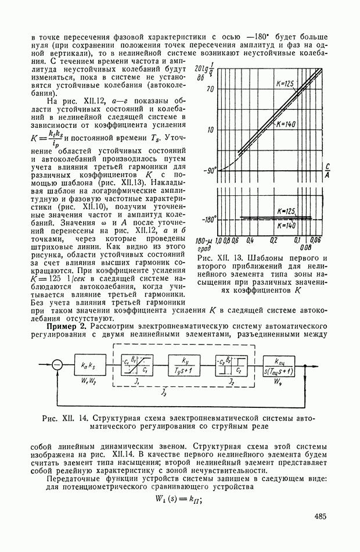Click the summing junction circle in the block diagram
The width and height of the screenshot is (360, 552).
[56, 365]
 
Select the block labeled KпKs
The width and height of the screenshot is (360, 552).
[89, 365]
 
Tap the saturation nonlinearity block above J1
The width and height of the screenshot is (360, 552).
[138, 365]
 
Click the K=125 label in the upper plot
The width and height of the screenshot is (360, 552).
[285, 85]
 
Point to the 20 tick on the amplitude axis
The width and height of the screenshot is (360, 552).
[210, 89]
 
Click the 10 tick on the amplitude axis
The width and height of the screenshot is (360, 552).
[210, 130]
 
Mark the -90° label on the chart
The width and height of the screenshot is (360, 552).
[208, 170]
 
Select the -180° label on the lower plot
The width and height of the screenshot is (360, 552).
[208, 219]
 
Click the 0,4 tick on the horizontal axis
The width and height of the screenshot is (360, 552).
[250, 239]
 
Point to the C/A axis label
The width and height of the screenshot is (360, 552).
[328, 169]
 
